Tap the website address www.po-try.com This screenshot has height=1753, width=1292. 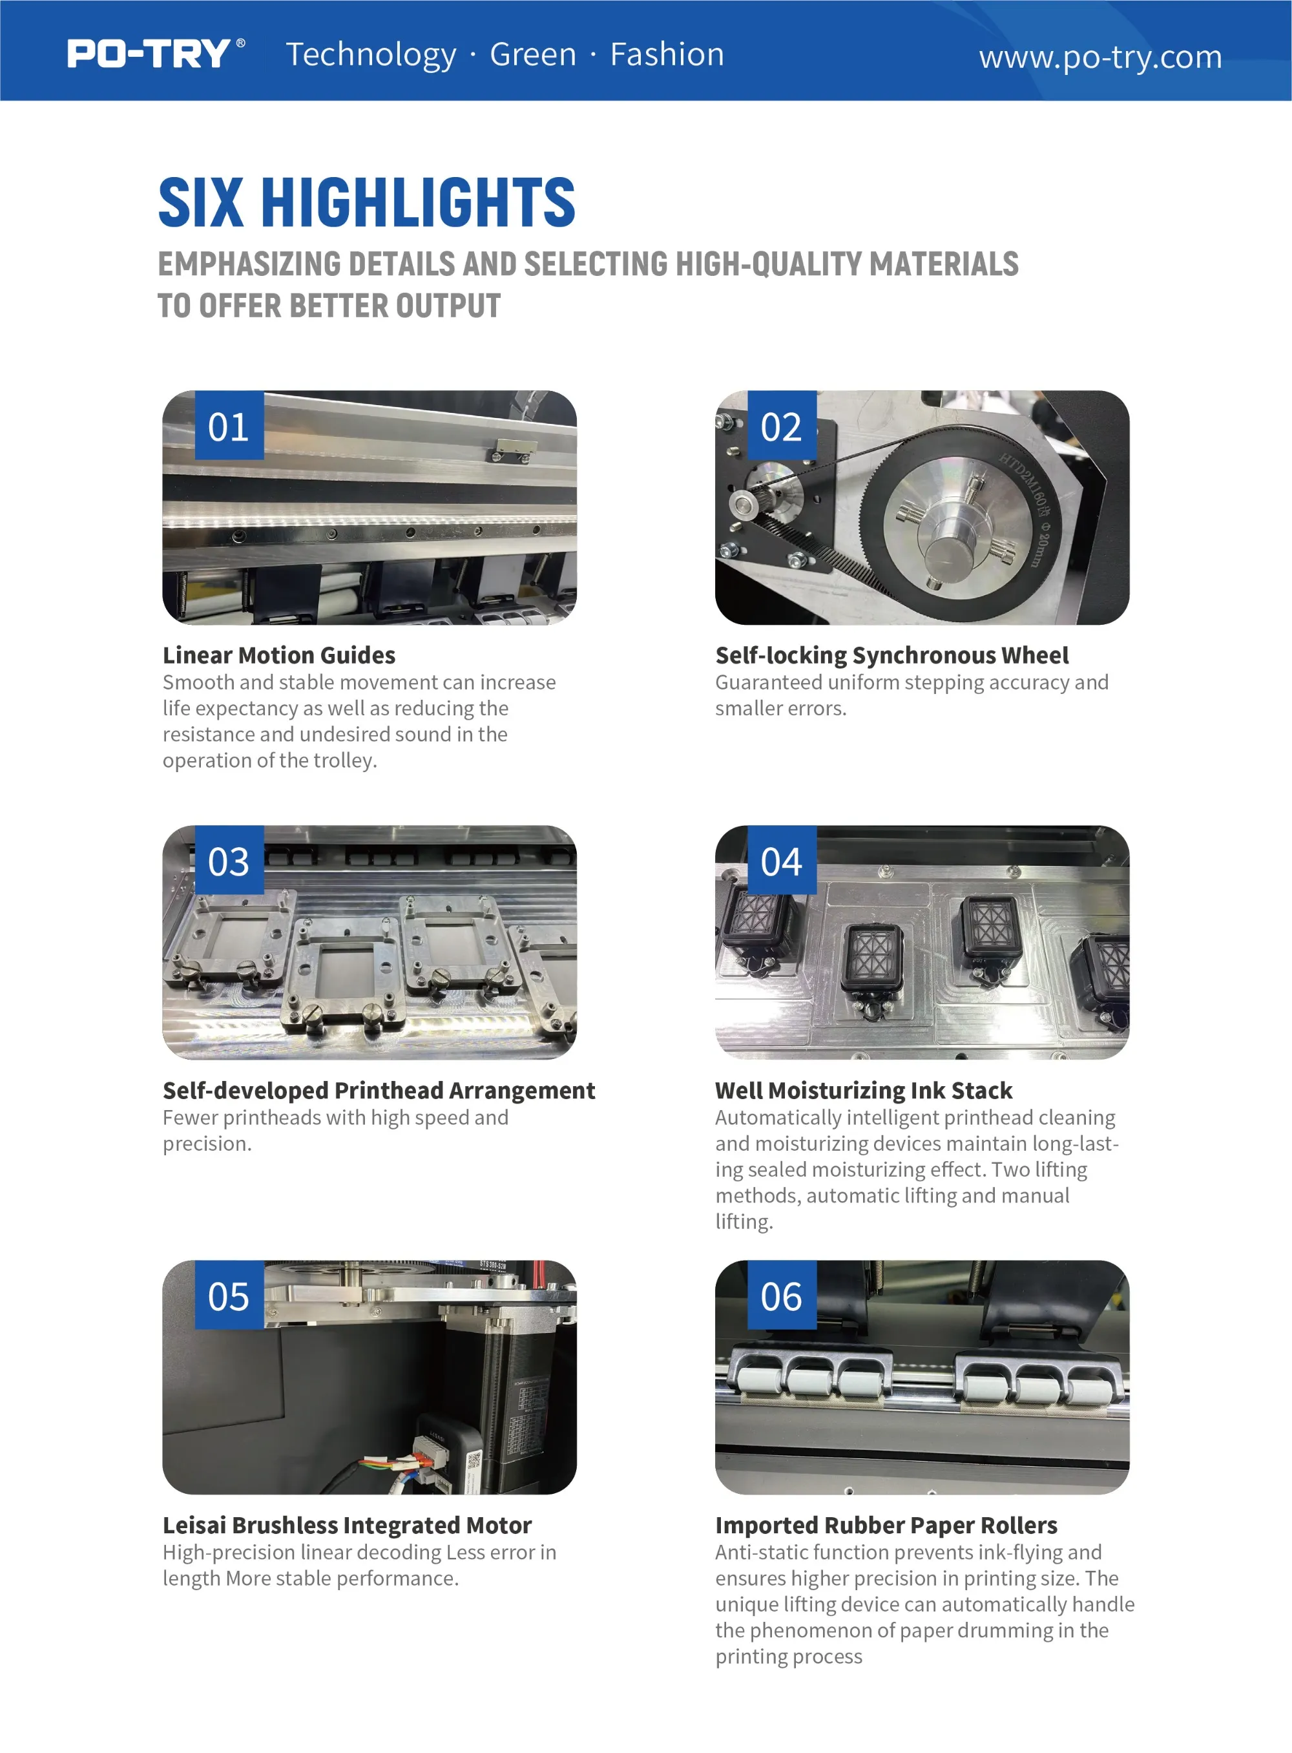1099,57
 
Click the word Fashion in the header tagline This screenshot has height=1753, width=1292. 667,54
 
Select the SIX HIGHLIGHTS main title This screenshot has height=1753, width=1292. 367,202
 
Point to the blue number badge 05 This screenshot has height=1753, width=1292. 229,1295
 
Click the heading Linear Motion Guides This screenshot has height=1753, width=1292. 279,655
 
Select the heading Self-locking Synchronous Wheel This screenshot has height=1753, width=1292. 891,655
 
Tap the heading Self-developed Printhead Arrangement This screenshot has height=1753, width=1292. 379,1089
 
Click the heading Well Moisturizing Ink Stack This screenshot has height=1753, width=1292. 864,1089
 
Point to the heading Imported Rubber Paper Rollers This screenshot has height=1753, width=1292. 886,1524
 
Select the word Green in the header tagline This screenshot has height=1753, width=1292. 532,54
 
